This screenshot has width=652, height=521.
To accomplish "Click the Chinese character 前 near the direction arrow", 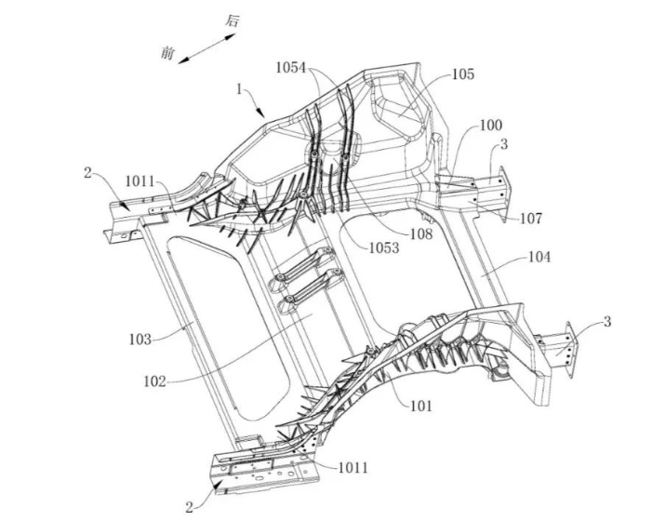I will (167, 54).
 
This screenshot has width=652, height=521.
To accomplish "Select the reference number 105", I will (463, 73).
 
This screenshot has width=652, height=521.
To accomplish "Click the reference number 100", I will (490, 125).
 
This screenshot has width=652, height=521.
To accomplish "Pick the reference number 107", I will (531, 220).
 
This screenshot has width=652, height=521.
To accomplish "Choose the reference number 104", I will (539, 255).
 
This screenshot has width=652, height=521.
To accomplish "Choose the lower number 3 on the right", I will (607, 322).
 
